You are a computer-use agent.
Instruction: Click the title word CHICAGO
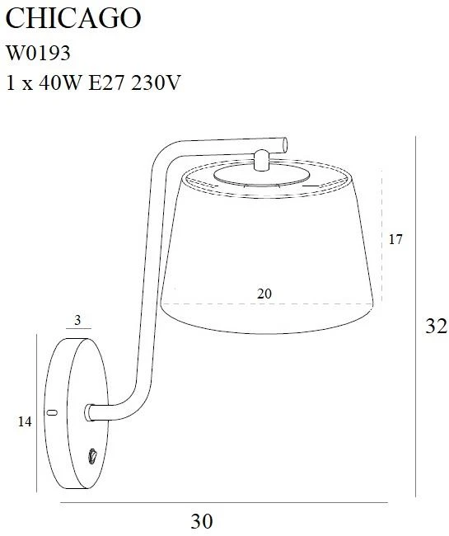[x=73, y=18]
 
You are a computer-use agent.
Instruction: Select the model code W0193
[x=39, y=54]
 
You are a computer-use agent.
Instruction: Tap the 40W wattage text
[x=60, y=82]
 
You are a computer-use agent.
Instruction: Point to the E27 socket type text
[x=105, y=82]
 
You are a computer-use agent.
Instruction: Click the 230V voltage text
[x=156, y=82]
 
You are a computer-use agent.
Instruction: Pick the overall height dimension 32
[x=436, y=326]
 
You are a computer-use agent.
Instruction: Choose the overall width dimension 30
[x=202, y=521]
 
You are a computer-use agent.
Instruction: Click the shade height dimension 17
[x=395, y=239]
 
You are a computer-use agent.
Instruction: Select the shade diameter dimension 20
[x=264, y=294]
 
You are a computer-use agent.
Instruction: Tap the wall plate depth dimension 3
[x=77, y=320]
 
